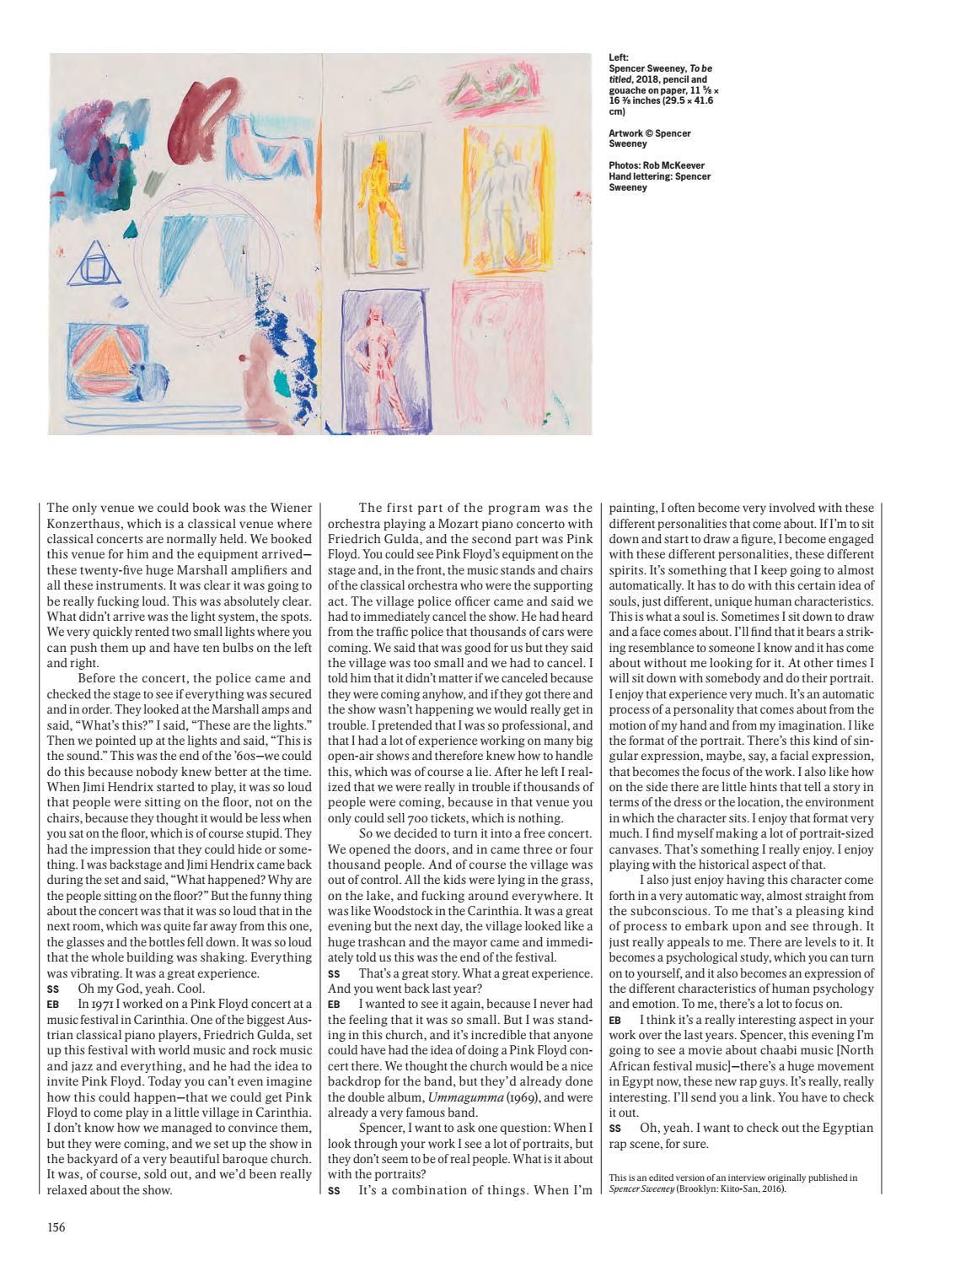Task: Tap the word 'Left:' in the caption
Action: (619, 58)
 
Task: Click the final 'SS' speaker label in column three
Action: (614, 1128)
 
